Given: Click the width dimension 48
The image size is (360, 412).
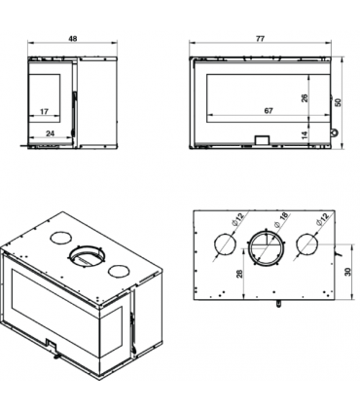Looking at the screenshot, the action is pos(73,38).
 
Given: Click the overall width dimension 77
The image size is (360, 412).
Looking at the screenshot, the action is pos(260,38).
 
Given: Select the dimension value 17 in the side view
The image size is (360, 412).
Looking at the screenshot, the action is pos(44,111).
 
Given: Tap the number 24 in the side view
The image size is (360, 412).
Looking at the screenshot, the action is pos(50,133).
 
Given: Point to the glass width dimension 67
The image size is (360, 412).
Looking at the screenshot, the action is pos(269,111).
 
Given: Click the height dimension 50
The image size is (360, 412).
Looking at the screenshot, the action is pos(339,102).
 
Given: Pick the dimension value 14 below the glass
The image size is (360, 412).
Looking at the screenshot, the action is pos(305,135).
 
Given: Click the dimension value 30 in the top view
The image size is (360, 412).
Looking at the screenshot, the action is pos(348,272).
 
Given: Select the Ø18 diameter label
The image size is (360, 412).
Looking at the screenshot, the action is pos(281,220).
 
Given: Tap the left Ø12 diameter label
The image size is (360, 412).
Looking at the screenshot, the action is pos(237,219).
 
